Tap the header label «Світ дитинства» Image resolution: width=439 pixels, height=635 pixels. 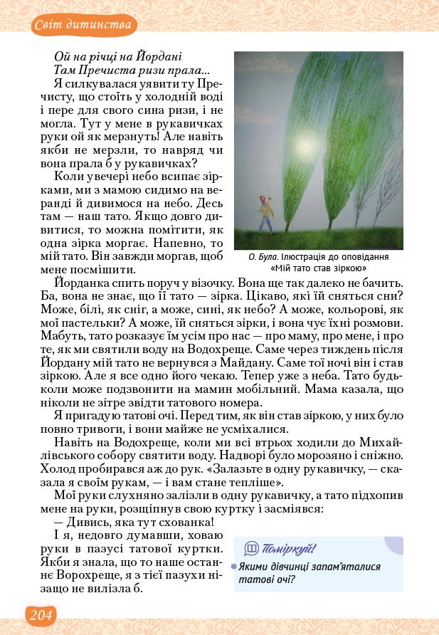pyautogui.click(x=84, y=26)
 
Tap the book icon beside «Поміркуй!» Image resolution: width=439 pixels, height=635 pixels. pyautogui.click(x=251, y=548)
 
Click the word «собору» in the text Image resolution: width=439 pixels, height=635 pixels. pyautogui.click(x=99, y=454)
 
